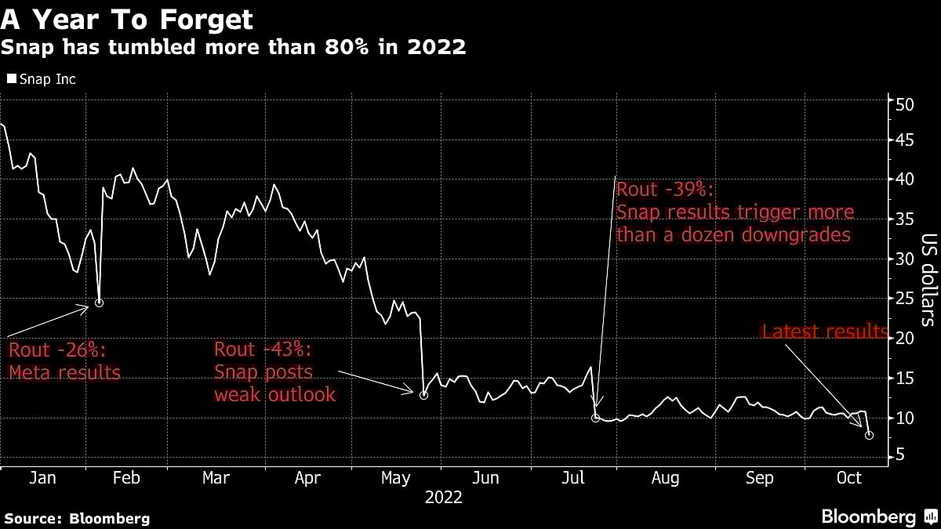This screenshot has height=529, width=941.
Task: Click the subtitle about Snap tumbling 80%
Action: coord(233,47)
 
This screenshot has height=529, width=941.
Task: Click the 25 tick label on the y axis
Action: coord(905,299)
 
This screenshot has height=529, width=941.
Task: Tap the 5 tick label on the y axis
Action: coord(902,455)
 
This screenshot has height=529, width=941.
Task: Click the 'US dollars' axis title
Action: coord(928,278)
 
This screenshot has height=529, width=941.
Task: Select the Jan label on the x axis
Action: coord(42,478)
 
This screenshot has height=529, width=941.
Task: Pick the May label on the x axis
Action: coord(396,478)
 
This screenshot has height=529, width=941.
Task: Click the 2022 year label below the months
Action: coord(443,497)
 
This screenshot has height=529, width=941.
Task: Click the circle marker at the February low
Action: coord(99,303)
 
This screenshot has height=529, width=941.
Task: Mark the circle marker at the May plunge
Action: coord(423,395)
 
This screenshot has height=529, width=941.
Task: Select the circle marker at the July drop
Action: coord(596,418)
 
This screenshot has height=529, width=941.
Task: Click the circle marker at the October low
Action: coord(869,434)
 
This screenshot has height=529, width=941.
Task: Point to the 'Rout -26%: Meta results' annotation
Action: coord(64,361)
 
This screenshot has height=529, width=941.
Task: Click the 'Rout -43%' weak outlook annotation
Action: coord(274,371)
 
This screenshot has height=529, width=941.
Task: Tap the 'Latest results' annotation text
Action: coord(824,332)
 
